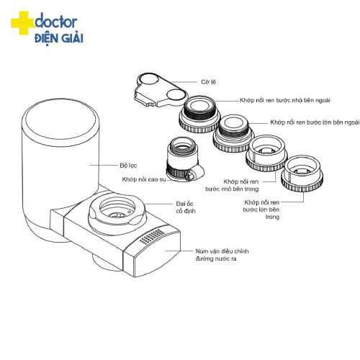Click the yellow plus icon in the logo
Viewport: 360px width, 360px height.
22,24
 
